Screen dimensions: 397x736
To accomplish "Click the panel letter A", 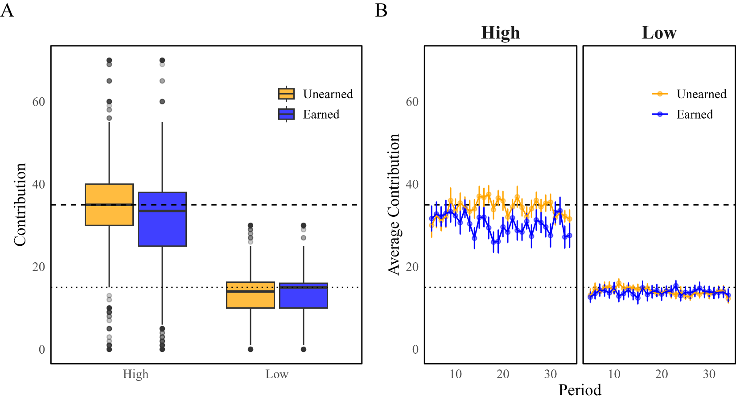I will pyautogui.click(x=7, y=10).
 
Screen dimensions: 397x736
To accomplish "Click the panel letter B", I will pyautogui.click(x=381, y=10).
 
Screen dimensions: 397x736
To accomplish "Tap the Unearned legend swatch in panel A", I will pyautogui.click(x=286, y=94).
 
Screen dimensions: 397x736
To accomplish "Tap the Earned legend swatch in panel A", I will pyautogui.click(x=286, y=115).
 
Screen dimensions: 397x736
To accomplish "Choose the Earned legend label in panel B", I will pyautogui.click(x=695, y=115).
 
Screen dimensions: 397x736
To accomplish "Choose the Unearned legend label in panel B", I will pyautogui.click(x=701, y=94).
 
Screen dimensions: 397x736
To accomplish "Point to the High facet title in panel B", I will pyautogui.click(x=500, y=33).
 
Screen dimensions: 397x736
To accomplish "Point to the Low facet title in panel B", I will pyautogui.click(x=659, y=33).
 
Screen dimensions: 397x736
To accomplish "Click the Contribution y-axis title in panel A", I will pyautogui.click(x=20, y=204).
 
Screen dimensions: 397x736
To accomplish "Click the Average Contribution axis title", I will pyautogui.click(x=394, y=204).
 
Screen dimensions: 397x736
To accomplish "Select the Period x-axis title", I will pyautogui.click(x=580, y=389).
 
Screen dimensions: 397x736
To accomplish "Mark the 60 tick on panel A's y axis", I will pyautogui.click(x=39, y=102).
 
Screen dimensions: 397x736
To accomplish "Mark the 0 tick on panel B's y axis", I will pyautogui.click(x=415, y=349).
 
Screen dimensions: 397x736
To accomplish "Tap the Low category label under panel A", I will pyautogui.click(x=277, y=374).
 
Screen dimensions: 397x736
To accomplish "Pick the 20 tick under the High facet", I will pyautogui.click(x=503, y=374).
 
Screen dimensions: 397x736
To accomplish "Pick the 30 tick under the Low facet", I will pyautogui.click(x=709, y=374).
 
